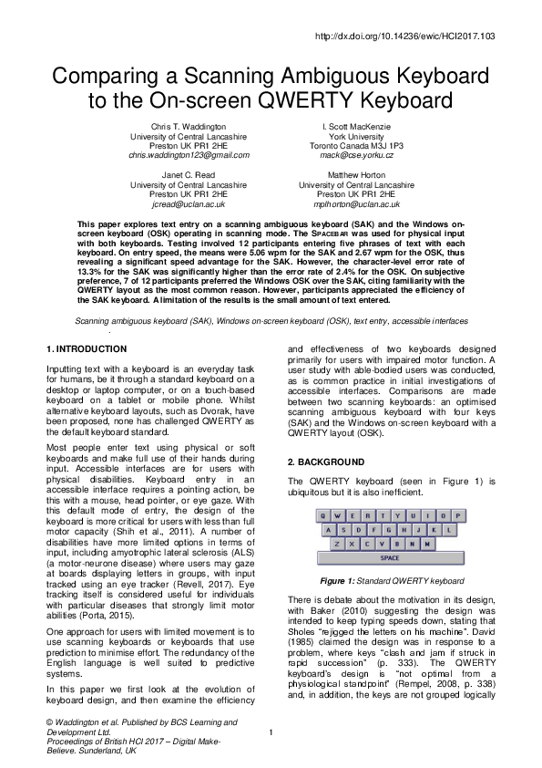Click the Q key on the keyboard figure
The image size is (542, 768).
click(x=323, y=514)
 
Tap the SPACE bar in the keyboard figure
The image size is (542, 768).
click(x=389, y=557)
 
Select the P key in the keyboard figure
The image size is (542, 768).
click(x=454, y=514)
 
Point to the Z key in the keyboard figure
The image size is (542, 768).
click(x=338, y=543)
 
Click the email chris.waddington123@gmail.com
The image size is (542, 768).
click(x=188, y=156)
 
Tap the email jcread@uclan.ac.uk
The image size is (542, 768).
click(x=188, y=204)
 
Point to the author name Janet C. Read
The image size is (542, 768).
click(x=188, y=172)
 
